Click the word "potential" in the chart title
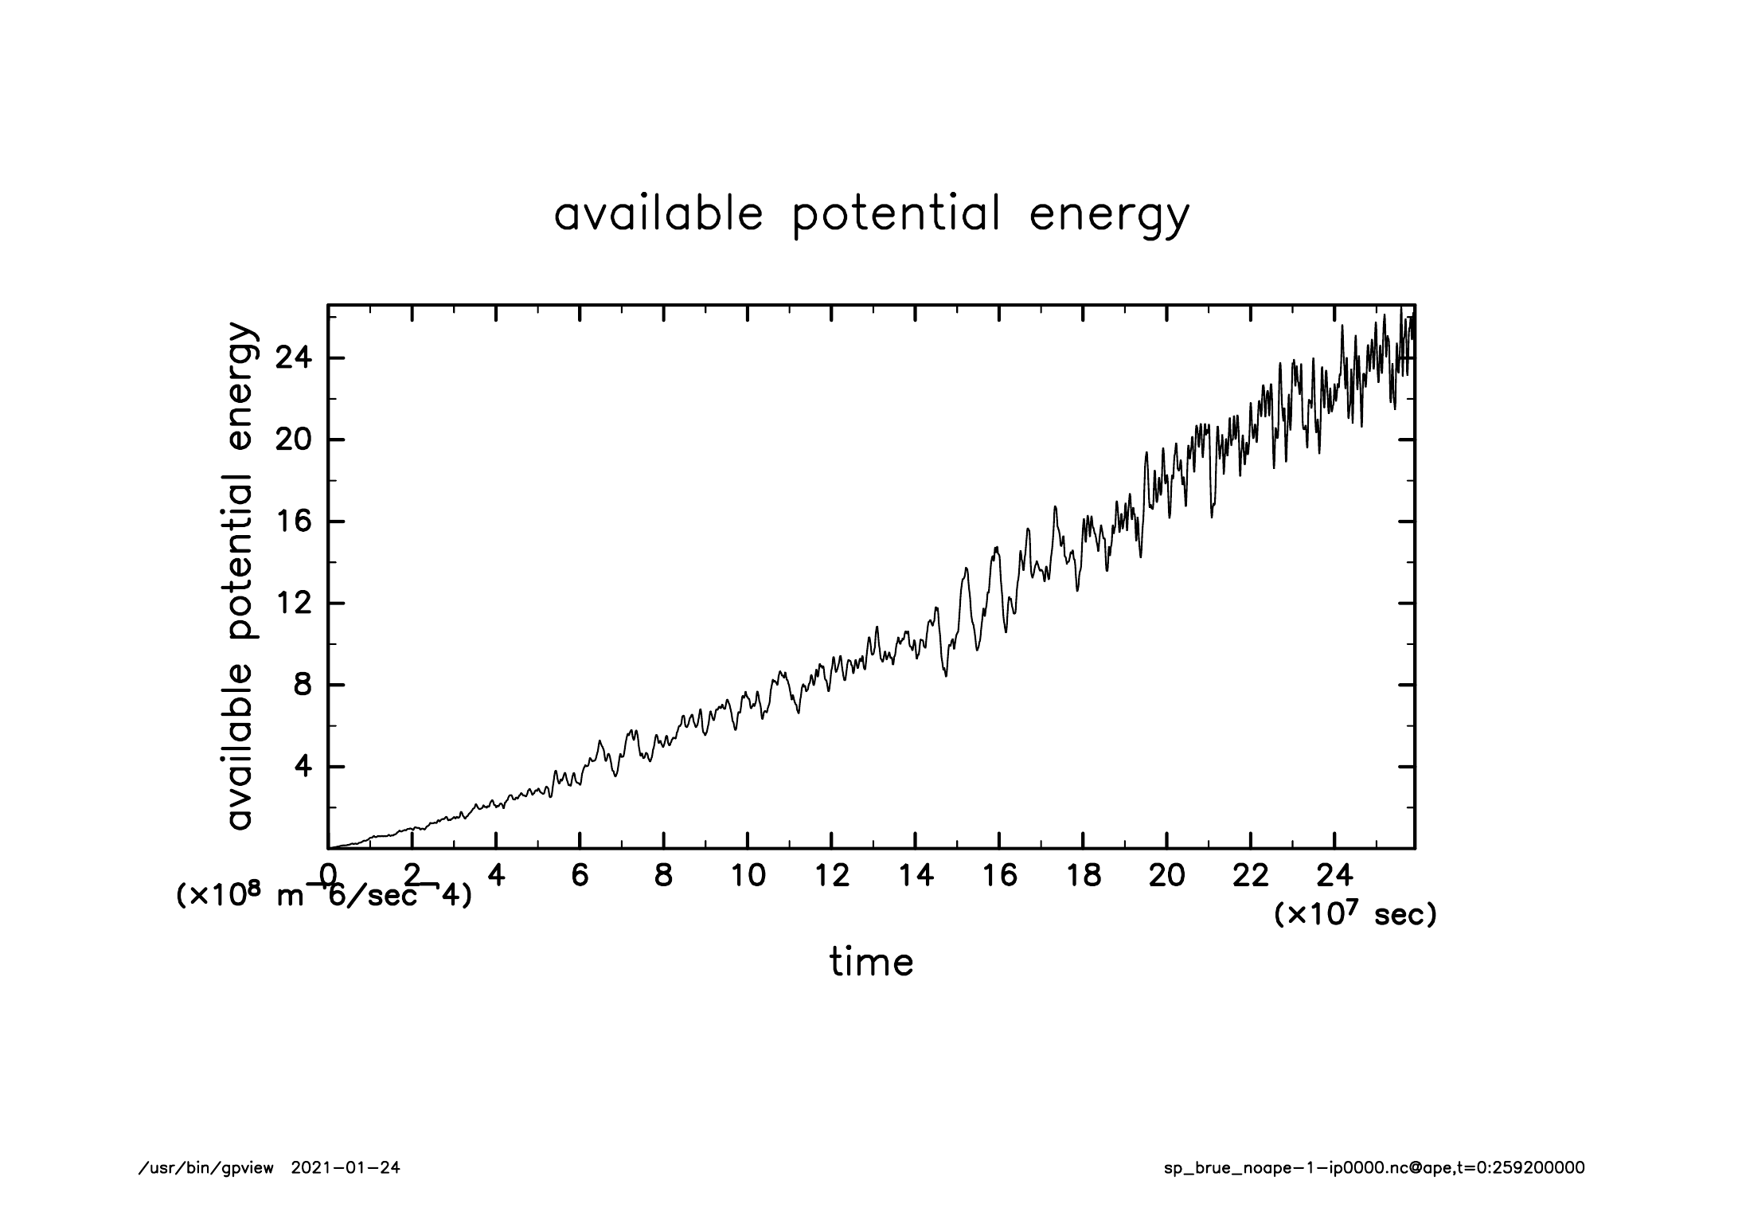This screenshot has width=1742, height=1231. click(896, 214)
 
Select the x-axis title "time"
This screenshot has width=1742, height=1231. click(871, 962)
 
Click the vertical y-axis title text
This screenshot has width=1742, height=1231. click(240, 576)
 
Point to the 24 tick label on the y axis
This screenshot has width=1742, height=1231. click(293, 358)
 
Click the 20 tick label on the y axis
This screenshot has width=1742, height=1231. click(293, 440)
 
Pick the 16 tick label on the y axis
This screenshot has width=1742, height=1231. click(293, 522)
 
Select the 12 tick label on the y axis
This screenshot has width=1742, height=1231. click(293, 604)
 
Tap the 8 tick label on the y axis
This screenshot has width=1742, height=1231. click(303, 686)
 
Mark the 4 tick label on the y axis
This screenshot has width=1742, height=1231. click(303, 767)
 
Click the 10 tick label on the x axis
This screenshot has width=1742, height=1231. click(748, 876)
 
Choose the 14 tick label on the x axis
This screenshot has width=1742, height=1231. click(916, 876)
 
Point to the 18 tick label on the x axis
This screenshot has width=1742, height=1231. click(1084, 876)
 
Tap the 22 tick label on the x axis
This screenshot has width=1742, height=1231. click(1251, 876)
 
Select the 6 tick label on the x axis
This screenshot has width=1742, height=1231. click(580, 876)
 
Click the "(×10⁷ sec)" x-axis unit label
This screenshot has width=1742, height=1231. click(1356, 915)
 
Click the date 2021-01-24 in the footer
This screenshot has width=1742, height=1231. click(346, 1168)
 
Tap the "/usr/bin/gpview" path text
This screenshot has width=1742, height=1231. click(206, 1168)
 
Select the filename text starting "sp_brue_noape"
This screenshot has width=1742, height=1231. click(1374, 1168)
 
